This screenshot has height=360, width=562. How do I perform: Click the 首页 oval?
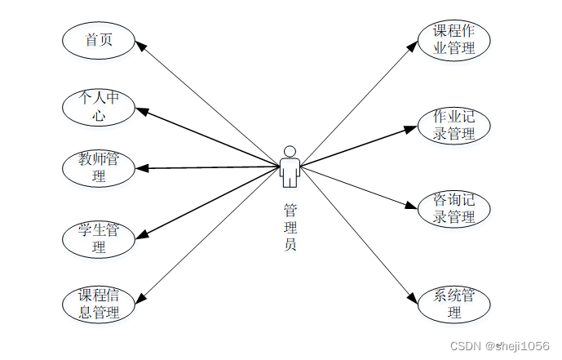click(x=99, y=40)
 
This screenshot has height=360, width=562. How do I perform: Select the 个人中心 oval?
click(x=99, y=106)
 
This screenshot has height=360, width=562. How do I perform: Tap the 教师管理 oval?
click(x=99, y=167)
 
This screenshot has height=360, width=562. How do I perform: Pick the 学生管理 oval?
click(x=99, y=238)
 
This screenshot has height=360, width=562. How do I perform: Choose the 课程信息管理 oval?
click(x=99, y=303)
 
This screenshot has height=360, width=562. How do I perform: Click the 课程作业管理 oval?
click(x=454, y=40)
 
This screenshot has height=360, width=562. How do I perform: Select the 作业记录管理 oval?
click(x=454, y=125)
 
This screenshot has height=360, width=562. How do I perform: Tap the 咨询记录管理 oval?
click(x=454, y=209)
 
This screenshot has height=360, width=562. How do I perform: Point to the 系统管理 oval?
click(x=454, y=304)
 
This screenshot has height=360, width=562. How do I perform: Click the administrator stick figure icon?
click(x=290, y=167)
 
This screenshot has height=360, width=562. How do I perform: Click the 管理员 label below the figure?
click(x=290, y=226)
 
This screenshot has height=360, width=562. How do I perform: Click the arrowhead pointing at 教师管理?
click(x=143, y=169)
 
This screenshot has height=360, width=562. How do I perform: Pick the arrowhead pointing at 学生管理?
click(x=142, y=235)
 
